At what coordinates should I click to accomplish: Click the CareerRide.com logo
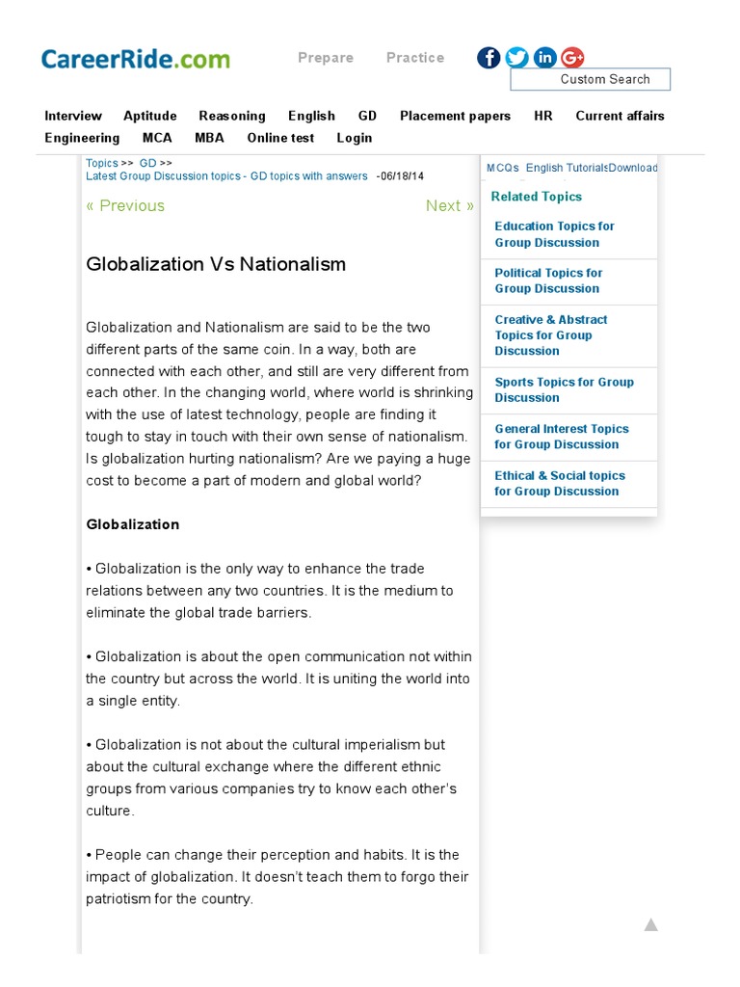[135, 59]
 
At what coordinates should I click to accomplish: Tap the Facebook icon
[489, 58]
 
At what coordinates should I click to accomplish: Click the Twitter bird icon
[516, 58]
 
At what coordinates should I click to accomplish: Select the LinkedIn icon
[544, 58]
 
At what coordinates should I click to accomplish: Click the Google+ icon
[572, 58]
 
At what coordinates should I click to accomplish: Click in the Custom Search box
[590, 79]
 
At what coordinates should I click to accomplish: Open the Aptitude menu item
[149, 116]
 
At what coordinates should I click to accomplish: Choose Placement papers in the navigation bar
[455, 116]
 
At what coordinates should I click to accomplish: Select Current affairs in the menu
[620, 116]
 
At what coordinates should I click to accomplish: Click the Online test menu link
[280, 138]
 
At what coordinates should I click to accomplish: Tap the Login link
[354, 138]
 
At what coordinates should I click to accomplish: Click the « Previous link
[125, 205]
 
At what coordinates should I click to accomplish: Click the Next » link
[449, 205]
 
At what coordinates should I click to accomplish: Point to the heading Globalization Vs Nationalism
[216, 264]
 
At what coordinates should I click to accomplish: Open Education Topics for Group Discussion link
[554, 234]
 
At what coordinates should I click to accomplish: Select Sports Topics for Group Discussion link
[564, 389]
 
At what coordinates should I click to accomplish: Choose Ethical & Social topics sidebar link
[559, 483]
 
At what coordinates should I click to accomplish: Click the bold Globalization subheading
[133, 524]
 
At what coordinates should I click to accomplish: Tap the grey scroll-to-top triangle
[651, 925]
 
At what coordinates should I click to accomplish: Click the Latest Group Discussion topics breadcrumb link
[226, 176]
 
